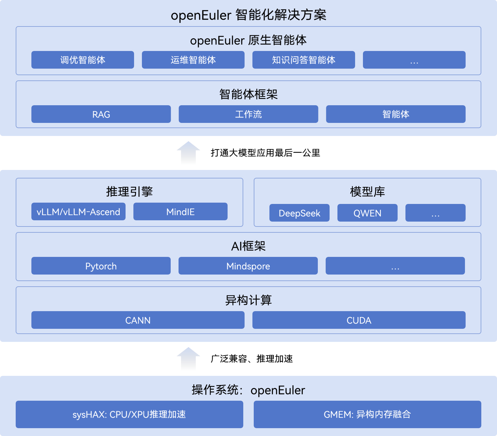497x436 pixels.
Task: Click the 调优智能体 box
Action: [82, 60]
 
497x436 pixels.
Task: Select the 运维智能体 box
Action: [193, 60]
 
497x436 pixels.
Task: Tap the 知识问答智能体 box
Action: [303, 60]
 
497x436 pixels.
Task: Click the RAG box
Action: [101, 114]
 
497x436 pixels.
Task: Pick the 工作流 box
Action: [248, 114]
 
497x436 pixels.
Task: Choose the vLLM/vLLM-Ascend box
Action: [78, 211]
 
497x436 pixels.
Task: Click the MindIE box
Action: [180, 211]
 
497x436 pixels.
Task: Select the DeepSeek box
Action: [299, 213]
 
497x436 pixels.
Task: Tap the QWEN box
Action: [367, 213]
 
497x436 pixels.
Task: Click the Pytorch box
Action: [101, 266]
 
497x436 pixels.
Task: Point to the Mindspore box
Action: [248, 266]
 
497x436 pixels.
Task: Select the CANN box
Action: [138, 320]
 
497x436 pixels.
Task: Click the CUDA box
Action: [359, 320]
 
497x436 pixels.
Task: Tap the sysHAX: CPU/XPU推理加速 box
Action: [129, 414]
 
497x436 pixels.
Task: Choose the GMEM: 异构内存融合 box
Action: [367, 414]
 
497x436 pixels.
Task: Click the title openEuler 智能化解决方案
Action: [248, 15]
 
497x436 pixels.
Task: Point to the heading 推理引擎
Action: [129, 192]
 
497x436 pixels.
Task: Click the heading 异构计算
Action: [248, 300]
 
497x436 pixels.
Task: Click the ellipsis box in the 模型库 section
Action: [435, 213]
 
